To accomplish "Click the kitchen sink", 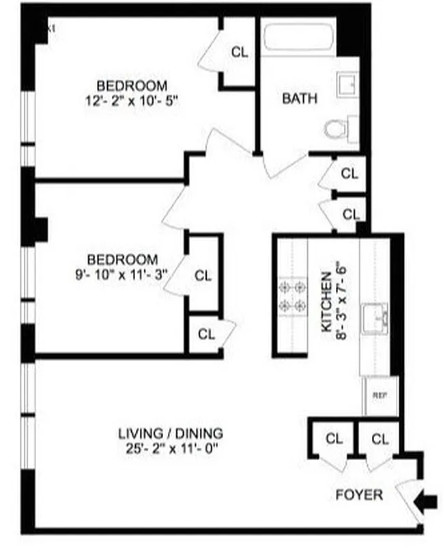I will point(375,317).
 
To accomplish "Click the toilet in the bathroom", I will point(336,129).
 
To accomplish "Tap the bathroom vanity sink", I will point(348,86).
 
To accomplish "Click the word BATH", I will point(300,98).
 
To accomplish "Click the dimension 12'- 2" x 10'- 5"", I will point(132,99).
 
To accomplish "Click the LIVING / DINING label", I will point(171,433).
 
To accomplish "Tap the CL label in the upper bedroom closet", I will point(240,52).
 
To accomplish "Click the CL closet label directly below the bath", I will point(349,174).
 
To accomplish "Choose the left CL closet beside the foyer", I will point(333,438).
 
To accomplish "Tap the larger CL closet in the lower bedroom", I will point(203,276).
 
